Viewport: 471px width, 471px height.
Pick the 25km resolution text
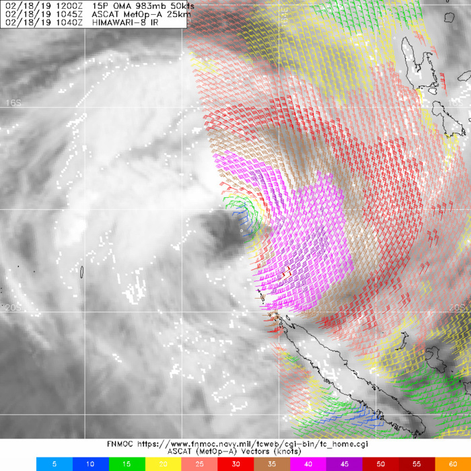click(172, 13)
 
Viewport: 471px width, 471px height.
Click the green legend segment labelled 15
click(126, 464)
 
